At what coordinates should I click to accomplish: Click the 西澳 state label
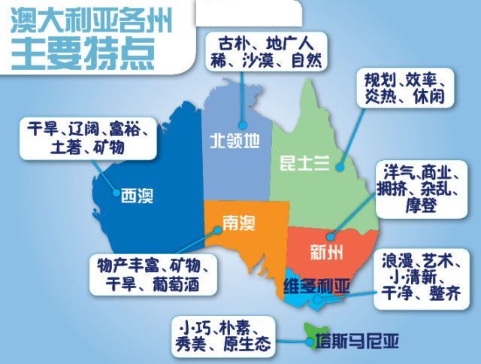[x=137, y=198]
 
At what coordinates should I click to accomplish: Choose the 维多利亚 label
[x=316, y=287]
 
